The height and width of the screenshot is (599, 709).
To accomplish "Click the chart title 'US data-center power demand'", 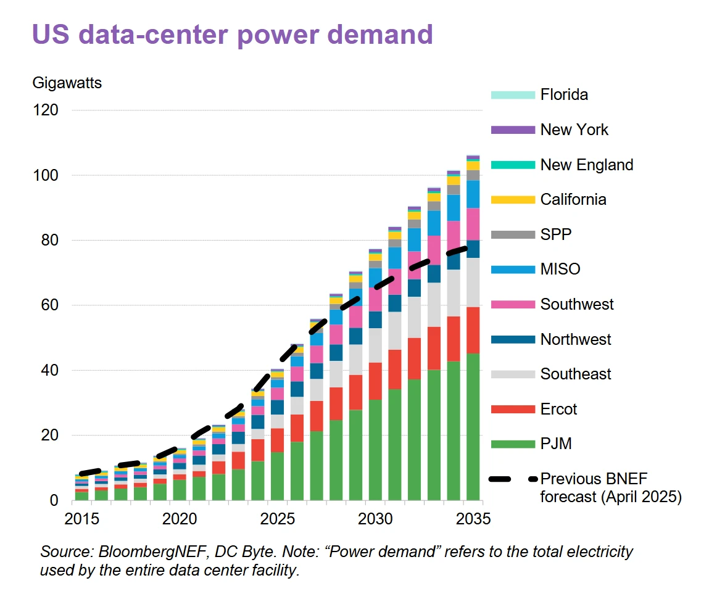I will point(232,35).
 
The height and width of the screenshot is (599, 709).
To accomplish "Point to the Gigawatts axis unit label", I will point(67,83).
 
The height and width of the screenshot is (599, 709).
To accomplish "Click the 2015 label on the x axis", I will point(82,519).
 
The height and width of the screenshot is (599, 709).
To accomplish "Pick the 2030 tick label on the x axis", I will point(375,519).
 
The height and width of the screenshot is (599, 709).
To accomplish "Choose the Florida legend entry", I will point(563,94).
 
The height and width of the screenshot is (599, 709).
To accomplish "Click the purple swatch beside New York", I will point(512,130).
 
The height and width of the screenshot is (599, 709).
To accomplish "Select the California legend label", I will point(573,199).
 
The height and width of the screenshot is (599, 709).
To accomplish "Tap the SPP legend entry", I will point(555,234).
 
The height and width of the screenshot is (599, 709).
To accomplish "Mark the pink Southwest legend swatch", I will point(512,304).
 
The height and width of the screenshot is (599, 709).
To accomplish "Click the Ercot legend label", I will point(560,409).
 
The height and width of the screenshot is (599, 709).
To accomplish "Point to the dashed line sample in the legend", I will point(512,479).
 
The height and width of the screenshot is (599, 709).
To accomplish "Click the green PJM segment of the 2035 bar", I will point(473,426).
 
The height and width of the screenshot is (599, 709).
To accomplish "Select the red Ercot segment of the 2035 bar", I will point(473,330).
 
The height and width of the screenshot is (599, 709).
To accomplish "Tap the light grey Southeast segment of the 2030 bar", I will point(375,345).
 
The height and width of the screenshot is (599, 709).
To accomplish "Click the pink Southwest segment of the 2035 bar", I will point(473,224).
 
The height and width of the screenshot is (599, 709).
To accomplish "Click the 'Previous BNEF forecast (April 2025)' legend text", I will point(610,487).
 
